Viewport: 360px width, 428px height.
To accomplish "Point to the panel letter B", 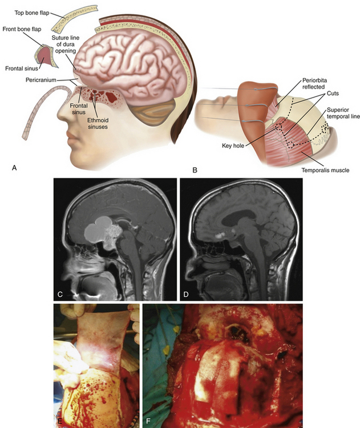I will click(195, 169).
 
